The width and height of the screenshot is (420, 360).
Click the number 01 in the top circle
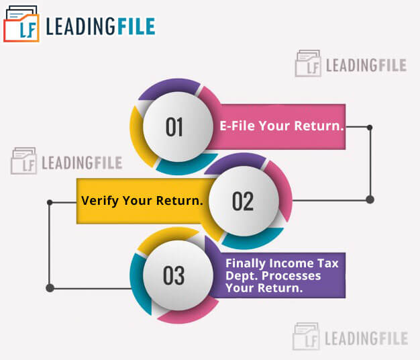pos(174,127)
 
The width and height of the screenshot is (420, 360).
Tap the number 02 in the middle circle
pos(243,201)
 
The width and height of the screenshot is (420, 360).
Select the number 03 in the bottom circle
pos(174,275)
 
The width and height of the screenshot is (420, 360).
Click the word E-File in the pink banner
pos(238,126)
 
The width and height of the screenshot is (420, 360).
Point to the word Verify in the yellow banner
pos(100,201)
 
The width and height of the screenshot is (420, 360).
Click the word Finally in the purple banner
pos(246,263)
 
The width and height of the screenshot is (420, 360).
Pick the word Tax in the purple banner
pos(328,263)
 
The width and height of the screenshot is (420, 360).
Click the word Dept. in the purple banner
pos(242,276)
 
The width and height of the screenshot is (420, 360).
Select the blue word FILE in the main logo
pos(136,27)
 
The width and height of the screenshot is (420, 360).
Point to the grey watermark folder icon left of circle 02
pos(23,161)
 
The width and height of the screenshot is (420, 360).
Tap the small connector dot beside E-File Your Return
pos(370,128)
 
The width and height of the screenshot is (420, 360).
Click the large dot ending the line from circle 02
pos(370,199)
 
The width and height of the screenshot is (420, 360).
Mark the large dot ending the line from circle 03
pos(50,288)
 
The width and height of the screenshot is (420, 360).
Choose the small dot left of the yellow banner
pos(50,202)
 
